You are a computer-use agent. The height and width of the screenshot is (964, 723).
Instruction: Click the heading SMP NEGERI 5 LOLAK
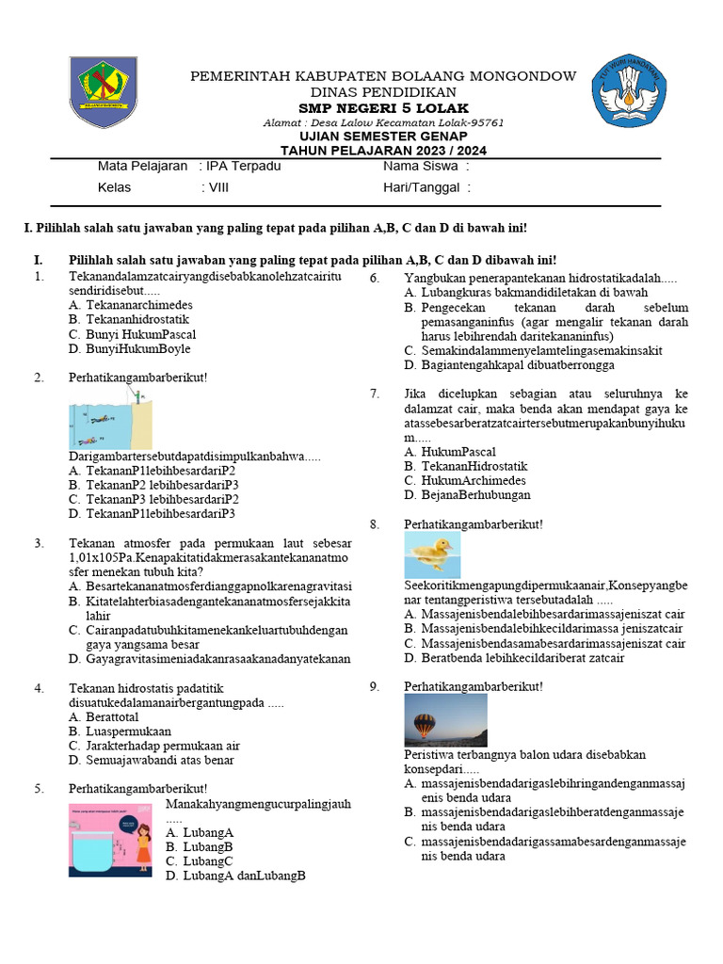pos(383,108)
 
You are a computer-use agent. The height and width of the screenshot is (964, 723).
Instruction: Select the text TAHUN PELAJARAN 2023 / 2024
pos(383,151)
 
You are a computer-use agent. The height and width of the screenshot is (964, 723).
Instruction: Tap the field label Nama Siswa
pos(421,167)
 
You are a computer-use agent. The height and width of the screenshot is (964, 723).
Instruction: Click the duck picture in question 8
pos(432,554)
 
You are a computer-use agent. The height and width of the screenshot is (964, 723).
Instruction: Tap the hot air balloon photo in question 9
pos(445,719)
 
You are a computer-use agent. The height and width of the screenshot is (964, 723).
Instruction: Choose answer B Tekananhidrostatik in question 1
pos(130,319)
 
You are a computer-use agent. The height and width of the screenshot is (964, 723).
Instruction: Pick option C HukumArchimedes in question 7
pos(463,480)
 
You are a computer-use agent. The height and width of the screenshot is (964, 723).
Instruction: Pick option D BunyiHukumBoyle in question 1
pos(130,348)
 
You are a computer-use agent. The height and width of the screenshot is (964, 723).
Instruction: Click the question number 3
pos(39,543)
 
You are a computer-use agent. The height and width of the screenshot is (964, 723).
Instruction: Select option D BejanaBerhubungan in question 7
pos(466,494)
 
